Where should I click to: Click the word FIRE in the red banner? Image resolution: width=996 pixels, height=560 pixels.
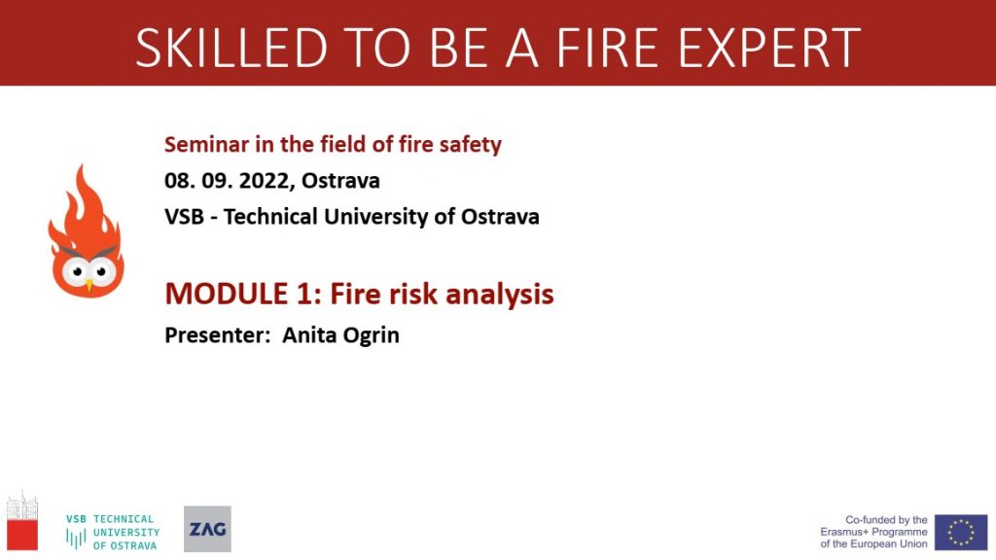point(607,48)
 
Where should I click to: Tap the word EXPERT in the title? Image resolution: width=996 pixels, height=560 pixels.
point(769,48)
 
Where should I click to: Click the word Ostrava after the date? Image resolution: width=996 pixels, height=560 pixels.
point(340,180)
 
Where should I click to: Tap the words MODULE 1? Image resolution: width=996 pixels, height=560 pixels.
point(239,294)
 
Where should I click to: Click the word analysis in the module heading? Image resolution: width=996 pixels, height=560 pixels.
point(499,295)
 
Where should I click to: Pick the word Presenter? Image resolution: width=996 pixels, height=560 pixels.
point(217,334)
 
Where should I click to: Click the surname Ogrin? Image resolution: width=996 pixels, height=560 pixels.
point(371,335)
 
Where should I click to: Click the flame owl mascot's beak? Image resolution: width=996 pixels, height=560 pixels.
point(89,286)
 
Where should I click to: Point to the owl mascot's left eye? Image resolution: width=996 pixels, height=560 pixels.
point(77,272)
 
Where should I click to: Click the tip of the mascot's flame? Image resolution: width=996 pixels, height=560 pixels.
point(81,165)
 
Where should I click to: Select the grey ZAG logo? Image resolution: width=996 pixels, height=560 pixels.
point(208,529)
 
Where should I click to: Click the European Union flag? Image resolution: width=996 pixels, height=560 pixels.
point(960,532)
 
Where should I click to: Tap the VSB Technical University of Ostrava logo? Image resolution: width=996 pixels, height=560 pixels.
point(113,532)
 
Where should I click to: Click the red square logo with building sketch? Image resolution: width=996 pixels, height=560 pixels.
point(22,521)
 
